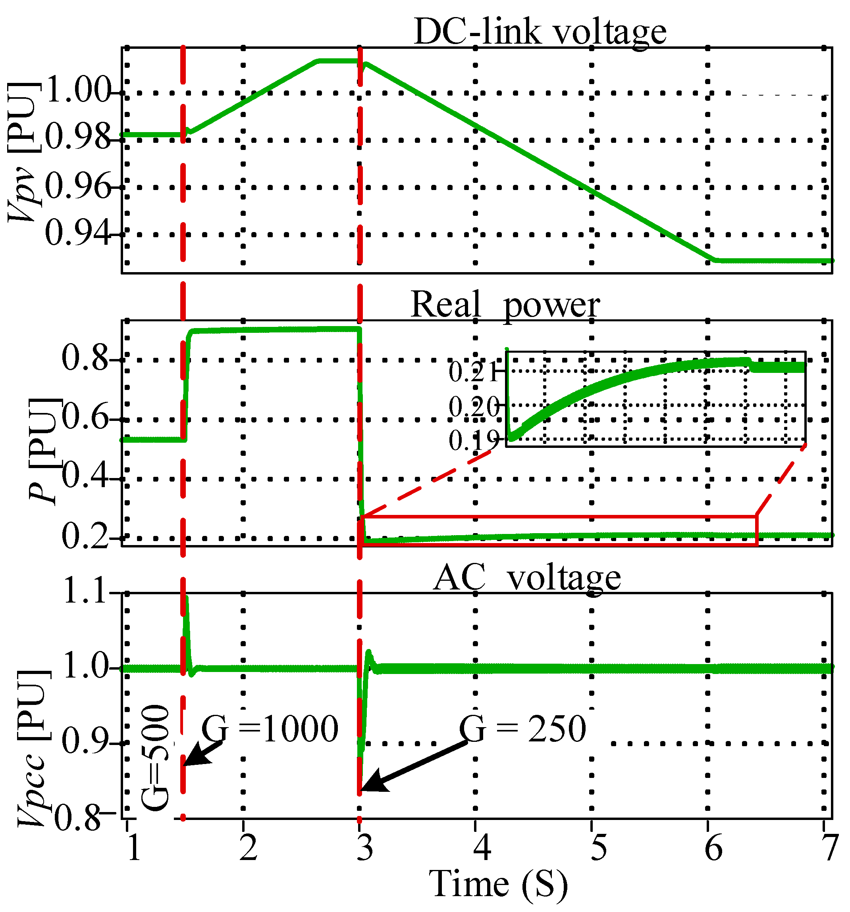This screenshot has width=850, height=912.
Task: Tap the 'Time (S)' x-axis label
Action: [498, 883]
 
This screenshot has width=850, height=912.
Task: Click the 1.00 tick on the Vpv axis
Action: [78, 90]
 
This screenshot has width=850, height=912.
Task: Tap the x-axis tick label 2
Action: [248, 848]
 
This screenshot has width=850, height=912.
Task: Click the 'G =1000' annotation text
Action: [270, 730]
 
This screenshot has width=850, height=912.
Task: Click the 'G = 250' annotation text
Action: [522, 730]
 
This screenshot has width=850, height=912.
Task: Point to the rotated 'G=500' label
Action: [155, 759]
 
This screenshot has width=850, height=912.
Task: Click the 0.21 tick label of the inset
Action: [473, 372]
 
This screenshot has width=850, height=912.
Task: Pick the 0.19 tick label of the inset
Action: [473, 441]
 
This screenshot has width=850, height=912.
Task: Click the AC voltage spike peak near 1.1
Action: [186, 599]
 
